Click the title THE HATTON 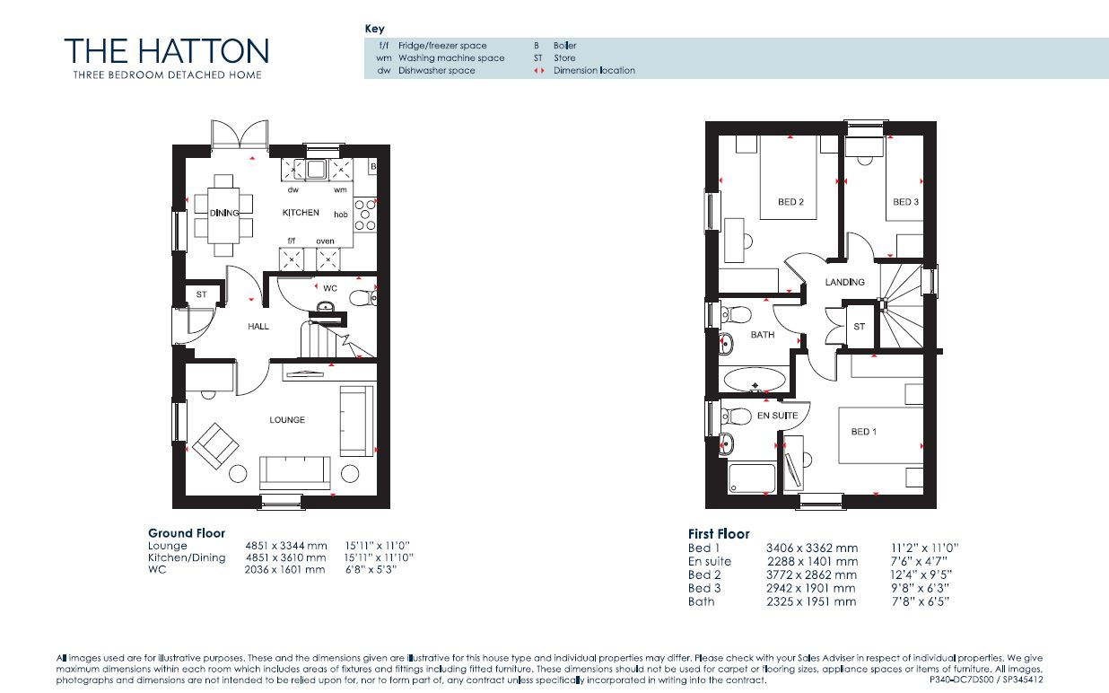click(x=166, y=50)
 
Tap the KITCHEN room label click(x=301, y=213)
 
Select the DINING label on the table click(x=224, y=213)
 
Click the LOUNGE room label click(x=287, y=419)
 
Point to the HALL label click(x=258, y=326)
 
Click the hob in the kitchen click(x=365, y=215)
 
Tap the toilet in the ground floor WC click(x=362, y=298)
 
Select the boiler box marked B click(x=372, y=166)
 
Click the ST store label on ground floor click(x=201, y=294)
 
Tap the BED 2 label click(x=790, y=202)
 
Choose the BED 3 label click(x=905, y=202)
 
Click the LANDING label click(x=844, y=282)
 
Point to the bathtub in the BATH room click(x=754, y=380)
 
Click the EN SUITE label click(x=777, y=415)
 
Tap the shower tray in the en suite click(x=752, y=478)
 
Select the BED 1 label click(x=864, y=432)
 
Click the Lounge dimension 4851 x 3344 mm click(x=286, y=546)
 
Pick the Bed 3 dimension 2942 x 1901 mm click(x=811, y=589)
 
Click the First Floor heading click(x=719, y=534)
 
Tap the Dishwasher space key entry click(x=426, y=70)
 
